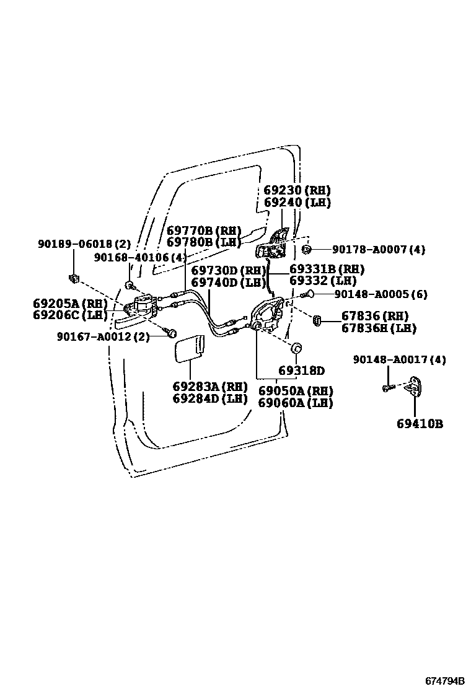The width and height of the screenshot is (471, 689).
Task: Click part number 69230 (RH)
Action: point(297,190)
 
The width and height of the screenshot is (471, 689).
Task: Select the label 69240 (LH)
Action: point(297,203)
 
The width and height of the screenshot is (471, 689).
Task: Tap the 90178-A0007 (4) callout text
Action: point(379,249)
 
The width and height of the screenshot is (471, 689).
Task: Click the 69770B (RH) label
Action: point(203,230)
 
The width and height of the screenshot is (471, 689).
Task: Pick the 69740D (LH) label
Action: point(228,283)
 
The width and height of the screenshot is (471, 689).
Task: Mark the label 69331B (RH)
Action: point(327,270)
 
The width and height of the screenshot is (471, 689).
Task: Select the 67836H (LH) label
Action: point(379,328)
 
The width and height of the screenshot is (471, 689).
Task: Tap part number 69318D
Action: point(301,371)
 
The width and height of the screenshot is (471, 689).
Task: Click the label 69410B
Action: point(420,424)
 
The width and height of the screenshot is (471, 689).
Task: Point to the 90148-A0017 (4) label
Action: point(400,359)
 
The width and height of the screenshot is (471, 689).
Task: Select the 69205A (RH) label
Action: point(70,304)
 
